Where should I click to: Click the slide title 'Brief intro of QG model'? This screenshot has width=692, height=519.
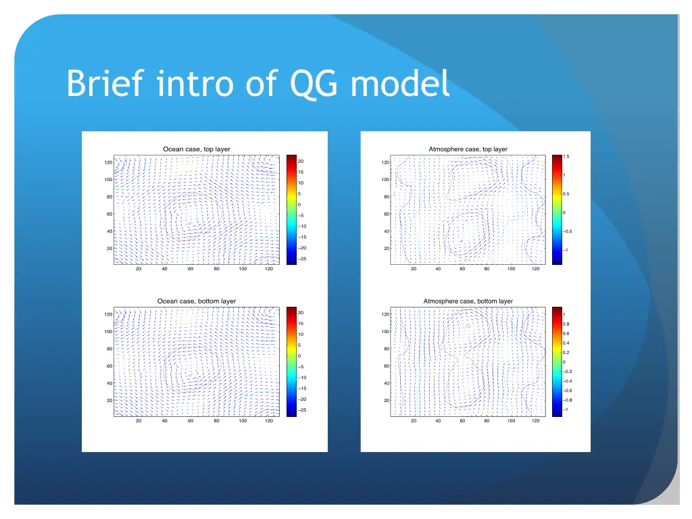(257, 84)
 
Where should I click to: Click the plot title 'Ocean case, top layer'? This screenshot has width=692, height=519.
(197, 149)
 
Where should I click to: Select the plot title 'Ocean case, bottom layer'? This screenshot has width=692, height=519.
(197, 301)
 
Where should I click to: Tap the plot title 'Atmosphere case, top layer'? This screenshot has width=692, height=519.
(468, 149)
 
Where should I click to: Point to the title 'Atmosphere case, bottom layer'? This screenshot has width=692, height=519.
(468, 301)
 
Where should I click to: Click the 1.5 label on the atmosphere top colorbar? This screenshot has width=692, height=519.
(566, 157)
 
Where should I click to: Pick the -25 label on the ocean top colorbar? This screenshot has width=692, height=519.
(302, 259)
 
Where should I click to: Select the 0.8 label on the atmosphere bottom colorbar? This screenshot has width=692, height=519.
(566, 324)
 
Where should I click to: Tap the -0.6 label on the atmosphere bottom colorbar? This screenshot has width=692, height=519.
(568, 391)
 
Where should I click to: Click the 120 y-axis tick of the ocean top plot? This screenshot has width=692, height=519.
(108, 163)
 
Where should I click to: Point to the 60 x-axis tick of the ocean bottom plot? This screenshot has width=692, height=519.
(191, 421)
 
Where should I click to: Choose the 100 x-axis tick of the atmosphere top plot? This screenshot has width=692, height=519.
(511, 269)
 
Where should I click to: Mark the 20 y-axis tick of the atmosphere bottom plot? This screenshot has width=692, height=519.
(386, 401)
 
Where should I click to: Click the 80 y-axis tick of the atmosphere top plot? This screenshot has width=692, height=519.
(386, 197)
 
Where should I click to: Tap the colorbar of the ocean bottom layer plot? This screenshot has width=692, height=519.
(291, 362)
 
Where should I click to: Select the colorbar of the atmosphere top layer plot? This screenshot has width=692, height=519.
(557, 209)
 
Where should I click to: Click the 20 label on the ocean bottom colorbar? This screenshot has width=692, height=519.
(301, 313)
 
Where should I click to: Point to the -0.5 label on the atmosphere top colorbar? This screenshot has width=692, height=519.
(568, 231)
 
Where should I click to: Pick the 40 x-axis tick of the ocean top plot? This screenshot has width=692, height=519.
(164, 269)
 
